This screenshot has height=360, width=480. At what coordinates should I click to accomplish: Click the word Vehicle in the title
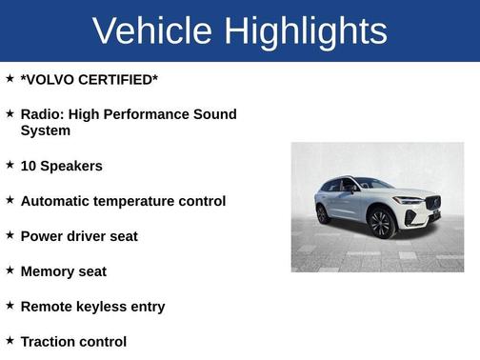[x=153, y=30]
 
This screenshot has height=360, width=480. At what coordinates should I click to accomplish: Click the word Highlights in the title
[x=306, y=30]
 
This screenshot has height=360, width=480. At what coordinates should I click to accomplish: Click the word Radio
[x=41, y=114]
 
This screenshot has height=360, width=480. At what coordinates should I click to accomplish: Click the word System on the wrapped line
[x=46, y=130]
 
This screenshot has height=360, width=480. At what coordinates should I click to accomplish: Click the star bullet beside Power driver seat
[x=10, y=234]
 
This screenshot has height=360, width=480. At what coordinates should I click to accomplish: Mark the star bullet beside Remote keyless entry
[x=10, y=305]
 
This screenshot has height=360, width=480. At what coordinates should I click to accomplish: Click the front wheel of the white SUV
[x=381, y=223]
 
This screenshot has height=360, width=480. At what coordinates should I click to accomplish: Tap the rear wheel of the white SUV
[x=324, y=213]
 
